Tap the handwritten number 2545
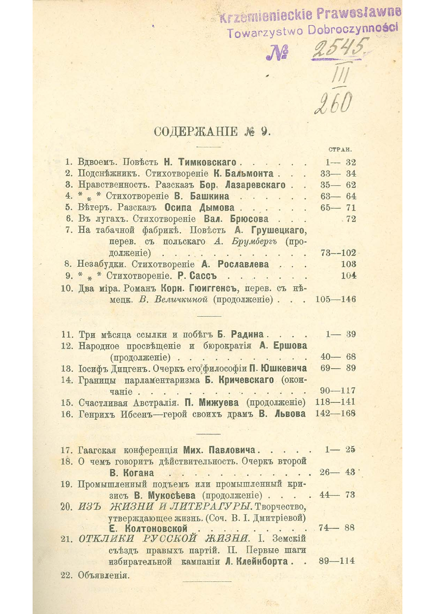pyautogui.click(x=339, y=51)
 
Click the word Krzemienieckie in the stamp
pyautogui.click(x=270, y=17)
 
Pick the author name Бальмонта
pyautogui.click(x=247, y=173)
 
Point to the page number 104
pyautogui.click(x=348, y=275)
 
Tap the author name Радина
pyautogui.click(x=249, y=334)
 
